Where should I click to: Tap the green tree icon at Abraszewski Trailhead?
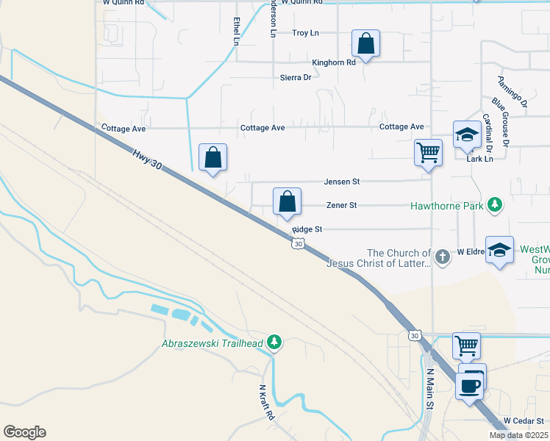pos(274,342)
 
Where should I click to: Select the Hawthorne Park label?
pos(448,206)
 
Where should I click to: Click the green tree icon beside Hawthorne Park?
pos(496,205)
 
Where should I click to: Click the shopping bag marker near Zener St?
pos(287,201)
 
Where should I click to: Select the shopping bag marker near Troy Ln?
pos(365,43)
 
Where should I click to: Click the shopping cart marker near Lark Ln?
pos(428,153)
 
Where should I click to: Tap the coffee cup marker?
pos(469,384)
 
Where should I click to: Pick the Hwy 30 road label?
pos(148,162)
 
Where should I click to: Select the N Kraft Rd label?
pos(266,404)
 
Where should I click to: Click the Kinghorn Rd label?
pos(333,63)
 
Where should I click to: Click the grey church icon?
pos(441,257)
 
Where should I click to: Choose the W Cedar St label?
pos(526,420)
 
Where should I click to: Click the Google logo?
pos(24,432)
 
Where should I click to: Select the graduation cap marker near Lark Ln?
pos(467,135)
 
